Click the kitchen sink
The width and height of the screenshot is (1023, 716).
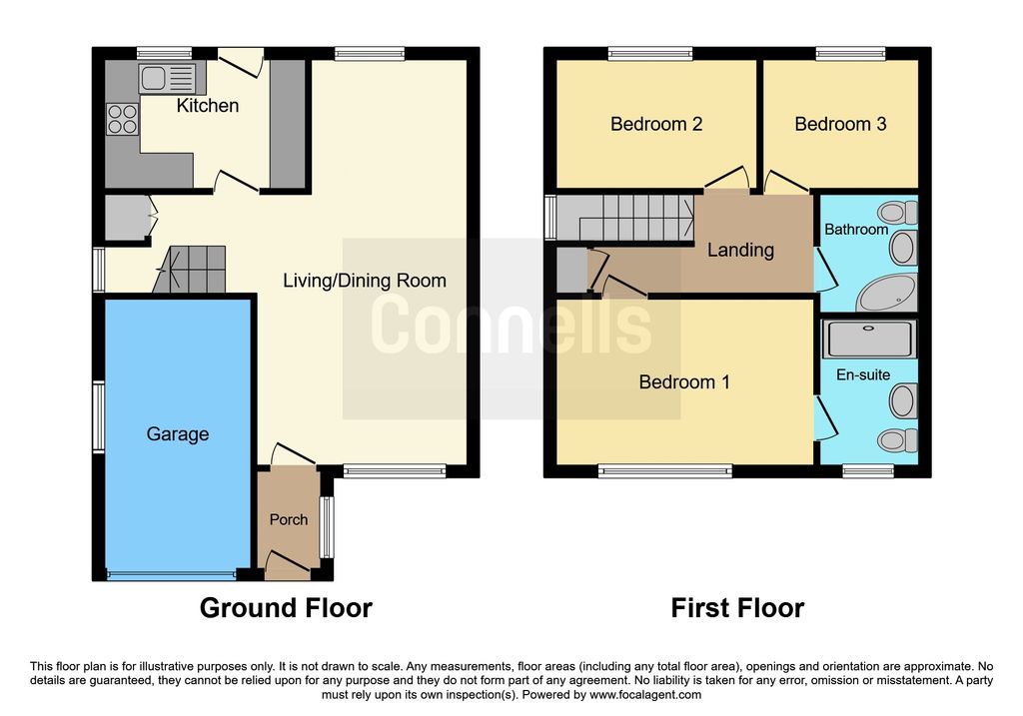[167, 78]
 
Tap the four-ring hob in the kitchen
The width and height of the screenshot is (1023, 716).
[123, 119]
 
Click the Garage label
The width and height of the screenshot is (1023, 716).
[178, 434]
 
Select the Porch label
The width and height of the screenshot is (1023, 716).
[289, 519]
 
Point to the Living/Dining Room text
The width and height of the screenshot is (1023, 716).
[365, 281]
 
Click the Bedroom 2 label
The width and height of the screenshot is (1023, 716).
[656, 124]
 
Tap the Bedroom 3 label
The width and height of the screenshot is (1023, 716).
[840, 124]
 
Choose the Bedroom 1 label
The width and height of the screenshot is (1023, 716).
[684, 381]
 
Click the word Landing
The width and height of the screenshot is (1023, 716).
[740, 250]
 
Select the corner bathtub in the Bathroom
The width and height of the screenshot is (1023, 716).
[887, 294]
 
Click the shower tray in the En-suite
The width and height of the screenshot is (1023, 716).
[869, 339]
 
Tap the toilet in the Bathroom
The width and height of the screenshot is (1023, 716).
[898, 212]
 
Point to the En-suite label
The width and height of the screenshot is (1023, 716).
[863, 374]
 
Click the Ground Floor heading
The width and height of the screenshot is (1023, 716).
[286, 608]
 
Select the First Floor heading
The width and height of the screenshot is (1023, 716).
[737, 608]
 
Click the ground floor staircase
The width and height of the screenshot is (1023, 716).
[189, 270]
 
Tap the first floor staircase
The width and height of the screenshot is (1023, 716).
[625, 218]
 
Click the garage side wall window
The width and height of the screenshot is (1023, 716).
[99, 416]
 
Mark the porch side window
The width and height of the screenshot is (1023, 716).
[327, 527]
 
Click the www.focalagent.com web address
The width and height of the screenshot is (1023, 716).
[645, 694]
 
